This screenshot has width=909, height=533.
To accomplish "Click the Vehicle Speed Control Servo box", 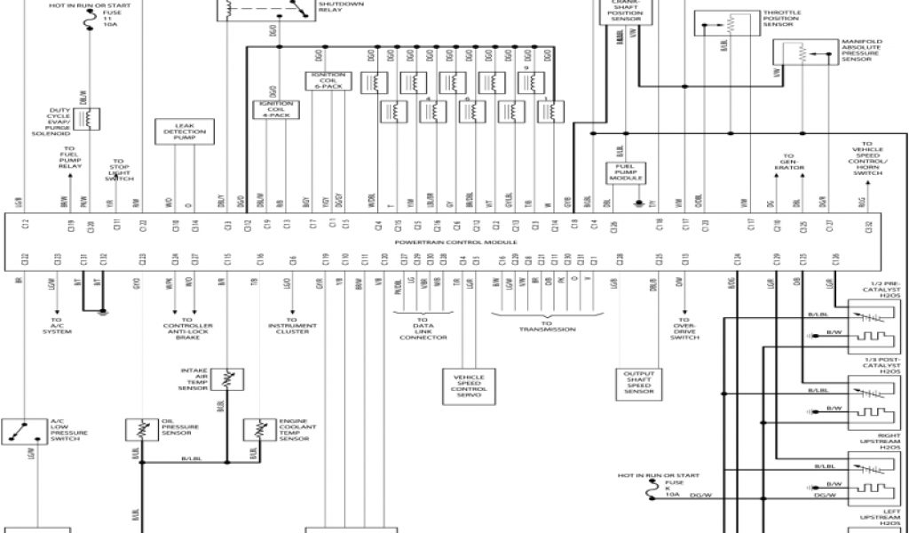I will pos(470,387).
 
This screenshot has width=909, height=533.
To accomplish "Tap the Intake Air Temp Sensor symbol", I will pos(230,379).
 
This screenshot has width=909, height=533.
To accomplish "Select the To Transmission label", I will pos(548,326).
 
